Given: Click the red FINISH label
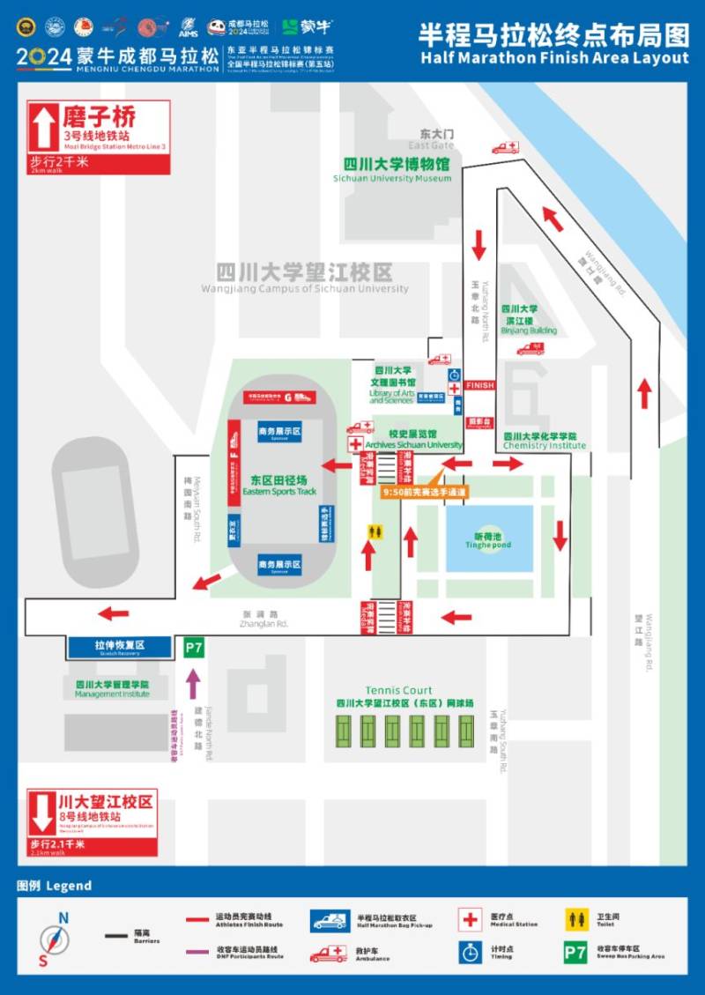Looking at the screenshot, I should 480,385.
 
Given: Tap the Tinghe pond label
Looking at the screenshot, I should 488,539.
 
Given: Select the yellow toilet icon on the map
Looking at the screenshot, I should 375,532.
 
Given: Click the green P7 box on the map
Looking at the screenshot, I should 193,649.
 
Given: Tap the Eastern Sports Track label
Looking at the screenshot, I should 279,485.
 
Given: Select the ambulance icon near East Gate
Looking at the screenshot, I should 506,147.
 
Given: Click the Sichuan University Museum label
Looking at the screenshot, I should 392,170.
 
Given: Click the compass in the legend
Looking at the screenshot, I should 55,940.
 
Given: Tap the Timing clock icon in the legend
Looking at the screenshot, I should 470,953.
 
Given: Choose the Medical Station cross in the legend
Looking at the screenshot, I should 470,919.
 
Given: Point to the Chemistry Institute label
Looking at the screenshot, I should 539,441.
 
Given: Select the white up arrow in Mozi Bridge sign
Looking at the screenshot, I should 43,128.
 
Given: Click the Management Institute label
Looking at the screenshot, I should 112,688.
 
